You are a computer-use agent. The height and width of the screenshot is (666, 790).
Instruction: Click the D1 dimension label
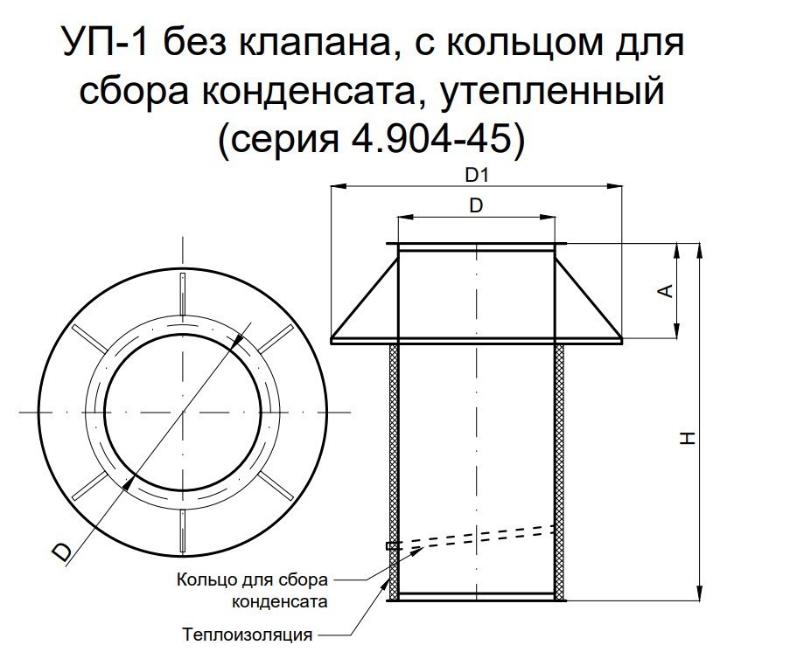click(477, 176)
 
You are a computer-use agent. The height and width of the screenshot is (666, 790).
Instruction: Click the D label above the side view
click(476, 206)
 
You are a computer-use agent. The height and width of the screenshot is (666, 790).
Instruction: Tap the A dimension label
click(667, 291)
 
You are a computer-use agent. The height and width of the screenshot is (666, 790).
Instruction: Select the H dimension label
click(689, 438)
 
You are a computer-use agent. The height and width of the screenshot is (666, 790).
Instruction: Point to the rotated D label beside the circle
click(62, 552)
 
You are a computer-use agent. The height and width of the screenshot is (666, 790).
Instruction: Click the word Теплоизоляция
click(247, 635)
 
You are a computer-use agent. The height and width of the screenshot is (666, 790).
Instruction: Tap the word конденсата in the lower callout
click(280, 601)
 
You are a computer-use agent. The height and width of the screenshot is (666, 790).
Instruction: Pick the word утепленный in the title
click(552, 92)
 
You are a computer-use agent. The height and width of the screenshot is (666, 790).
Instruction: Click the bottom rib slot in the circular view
click(182, 531)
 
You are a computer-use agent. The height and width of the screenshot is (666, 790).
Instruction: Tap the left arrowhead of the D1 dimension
click(339, 187)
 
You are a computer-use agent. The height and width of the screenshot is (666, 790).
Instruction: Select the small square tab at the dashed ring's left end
click(389, 546)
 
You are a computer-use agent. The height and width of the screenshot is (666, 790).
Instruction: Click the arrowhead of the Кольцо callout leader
click(417, 551)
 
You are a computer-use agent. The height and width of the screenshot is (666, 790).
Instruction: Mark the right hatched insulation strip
click(559, 472)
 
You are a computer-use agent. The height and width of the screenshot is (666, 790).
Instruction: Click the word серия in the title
click(285, 140)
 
